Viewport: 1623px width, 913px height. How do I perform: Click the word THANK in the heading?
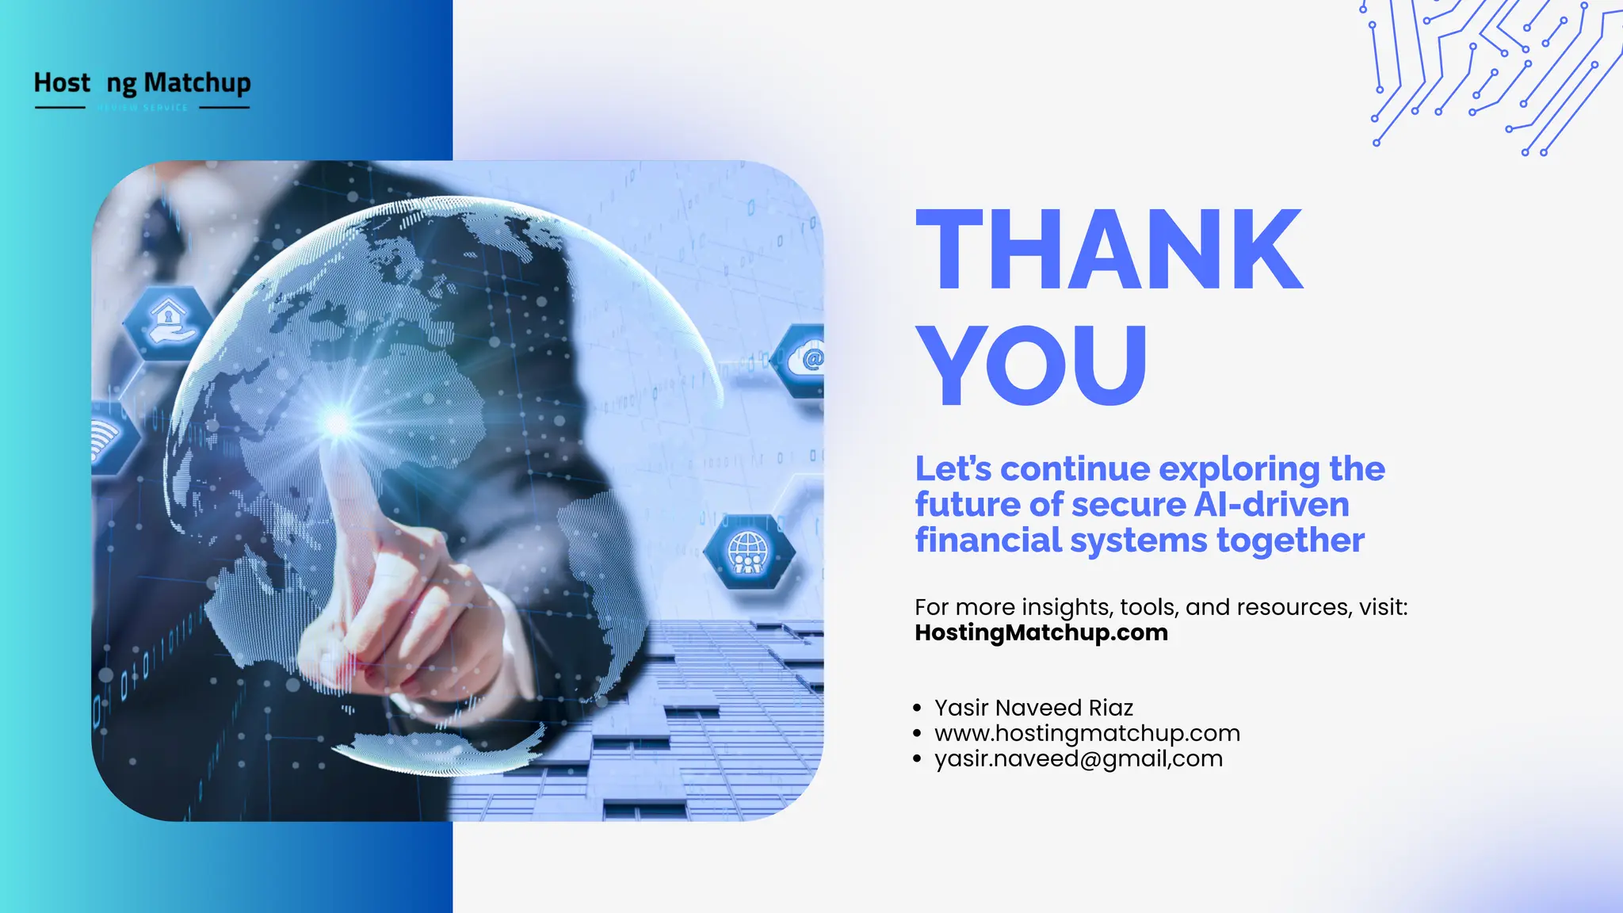click(1109, 250)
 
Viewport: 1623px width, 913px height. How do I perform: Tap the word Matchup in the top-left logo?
click(197, 82)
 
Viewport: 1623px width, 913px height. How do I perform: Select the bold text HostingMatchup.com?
click(1041, 632)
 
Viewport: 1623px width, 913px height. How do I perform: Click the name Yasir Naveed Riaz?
click(1033, 707)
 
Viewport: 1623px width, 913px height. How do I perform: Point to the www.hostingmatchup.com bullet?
click(1086, 733)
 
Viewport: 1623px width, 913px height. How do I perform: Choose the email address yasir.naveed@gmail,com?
click(1078, 758)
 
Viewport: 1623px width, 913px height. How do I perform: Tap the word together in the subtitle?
click(1290, 541)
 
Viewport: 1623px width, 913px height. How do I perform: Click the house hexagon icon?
click(167, 322)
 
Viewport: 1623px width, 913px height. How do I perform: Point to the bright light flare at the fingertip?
click(338, 422)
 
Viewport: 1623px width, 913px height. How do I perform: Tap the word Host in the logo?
click(62, 82)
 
